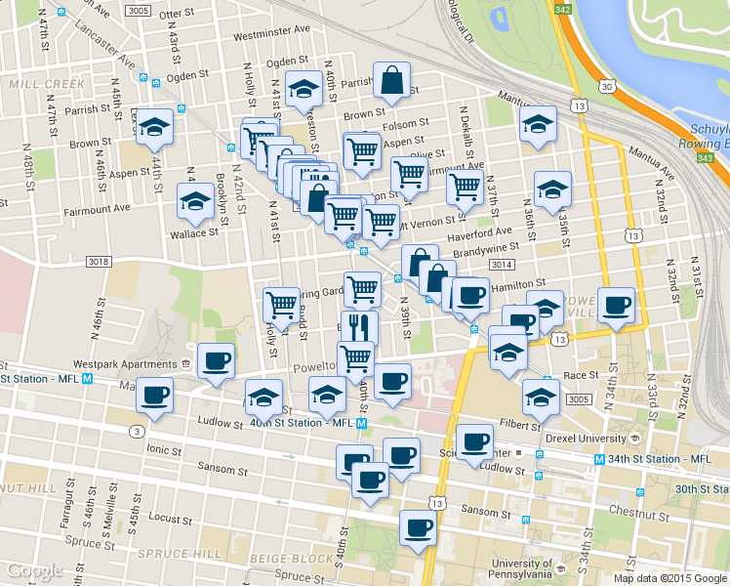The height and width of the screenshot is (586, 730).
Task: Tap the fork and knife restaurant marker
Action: click(359, 327)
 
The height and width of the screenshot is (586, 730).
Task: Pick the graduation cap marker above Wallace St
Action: click(195, 201)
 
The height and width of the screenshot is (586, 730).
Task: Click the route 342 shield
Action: click(561, 9)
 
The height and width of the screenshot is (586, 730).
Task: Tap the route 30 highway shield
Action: click(607, 87)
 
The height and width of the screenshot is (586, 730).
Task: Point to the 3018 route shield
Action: click(98, 262)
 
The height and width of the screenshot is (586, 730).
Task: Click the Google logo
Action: click(34, 570)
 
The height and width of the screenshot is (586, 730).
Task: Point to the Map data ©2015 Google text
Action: click(669, 578)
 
